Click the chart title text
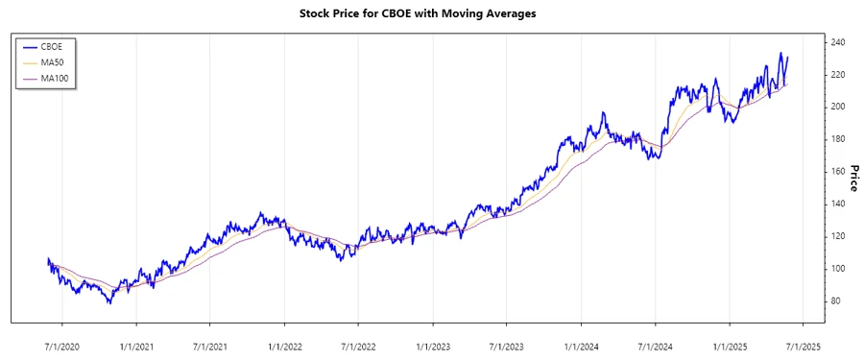tap(431, 13)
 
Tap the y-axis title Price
tap(852, 179)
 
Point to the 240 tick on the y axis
tap(837, 43)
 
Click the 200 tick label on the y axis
tap(837, 108)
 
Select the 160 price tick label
tap(837, 172)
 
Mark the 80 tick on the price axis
tap(835, 301)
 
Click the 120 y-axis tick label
tap(837, 236)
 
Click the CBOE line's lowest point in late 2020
tap(109, 303)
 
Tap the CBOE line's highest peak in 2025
tap(780, 54)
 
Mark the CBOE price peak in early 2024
tap(604, 113)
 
